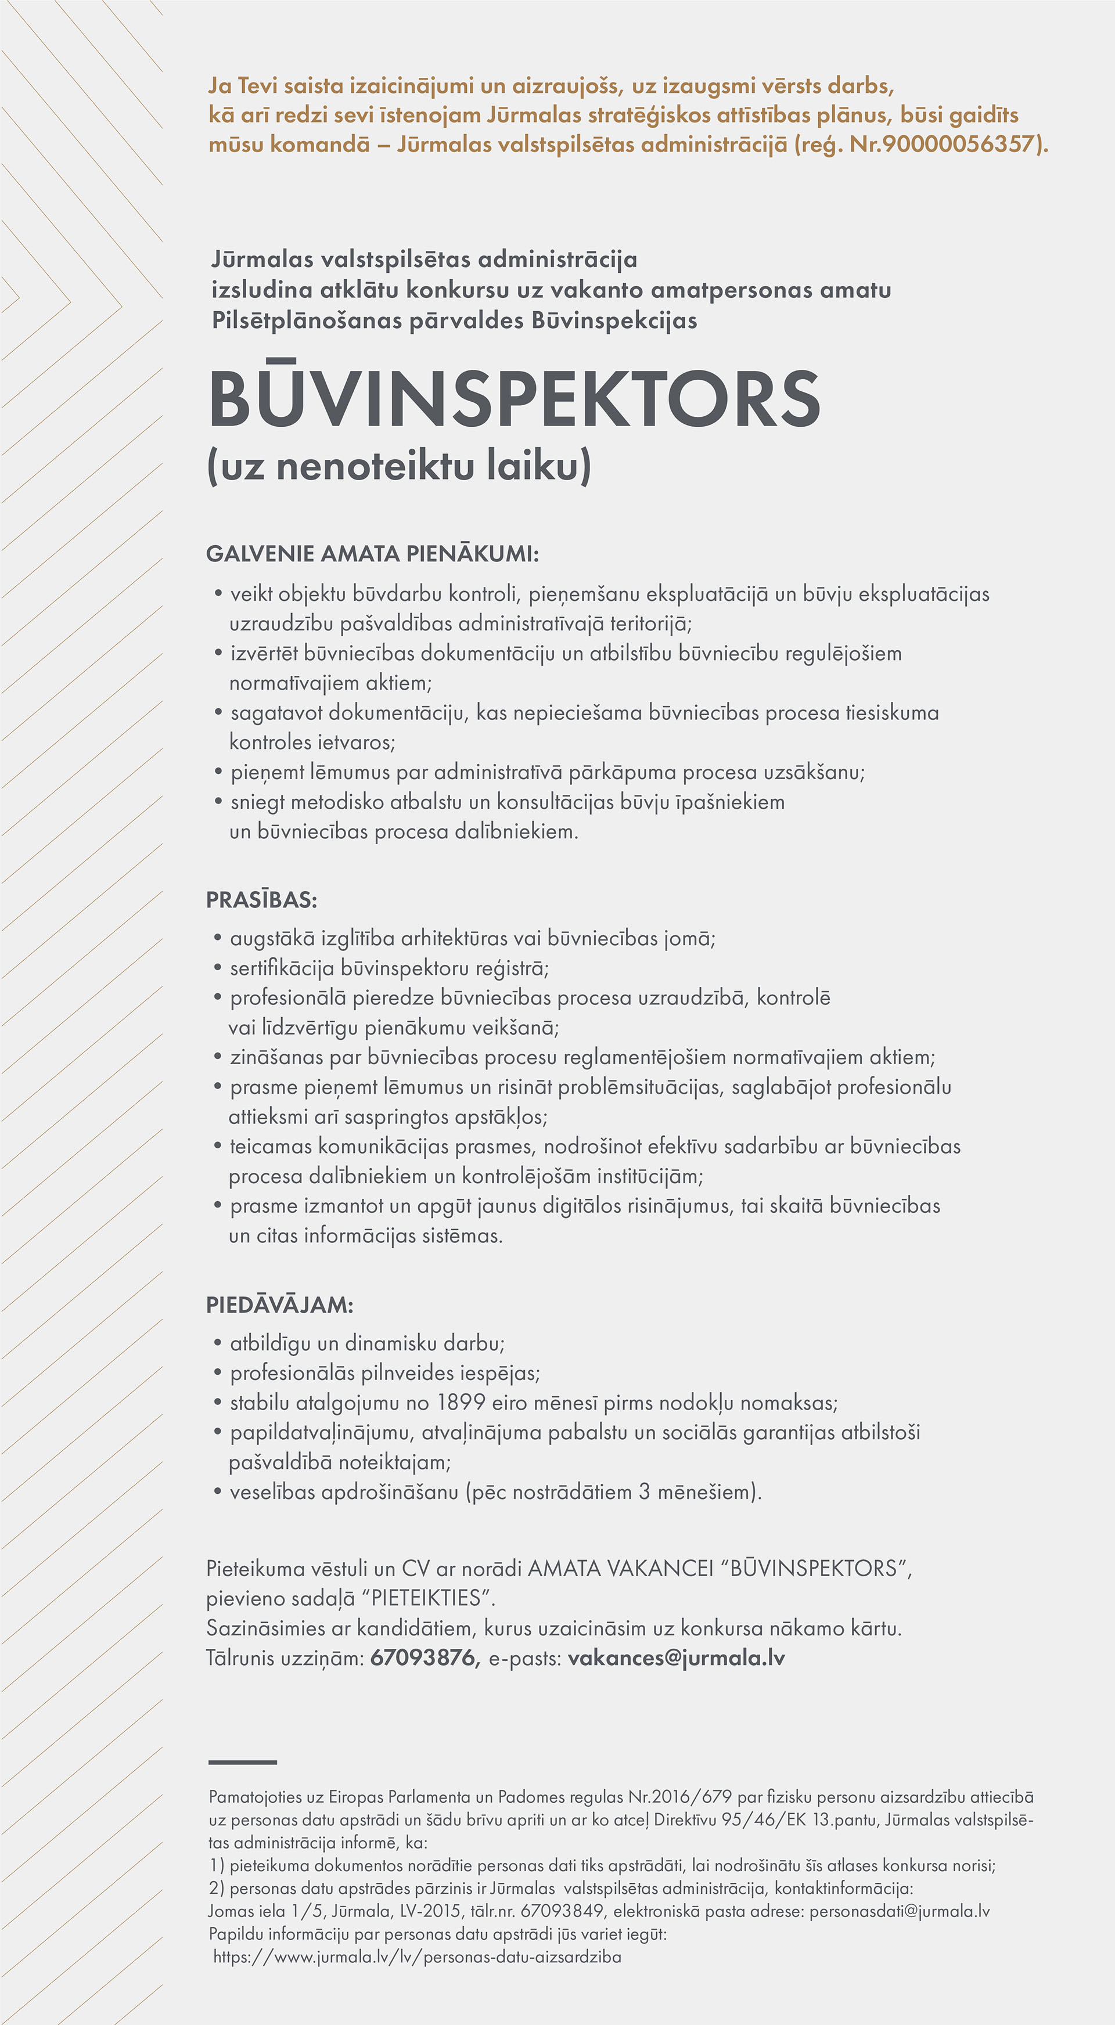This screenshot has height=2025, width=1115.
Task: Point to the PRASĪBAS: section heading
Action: click(x=261, y=900)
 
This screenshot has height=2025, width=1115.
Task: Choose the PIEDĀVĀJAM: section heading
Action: click(x=279, y=1305)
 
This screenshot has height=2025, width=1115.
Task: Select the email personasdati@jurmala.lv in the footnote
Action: click(x=900, y=1911)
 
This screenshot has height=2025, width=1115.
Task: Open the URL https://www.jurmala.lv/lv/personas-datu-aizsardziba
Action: click(x=417, y=1956)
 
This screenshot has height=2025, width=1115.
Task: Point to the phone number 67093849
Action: click(x=562, y=1911)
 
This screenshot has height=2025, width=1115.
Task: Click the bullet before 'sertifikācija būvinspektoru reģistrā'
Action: click(x=218, y=968)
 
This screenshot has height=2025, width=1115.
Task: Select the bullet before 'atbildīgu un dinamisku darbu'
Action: click(x=218, y=1343)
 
